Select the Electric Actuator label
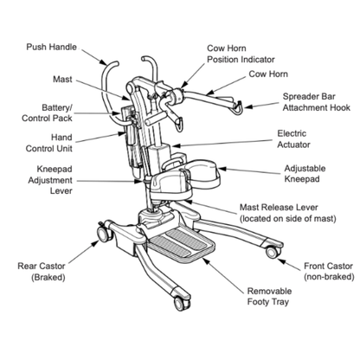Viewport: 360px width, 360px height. [x=299, y=140]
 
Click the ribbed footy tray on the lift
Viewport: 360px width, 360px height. [x=182, y=242]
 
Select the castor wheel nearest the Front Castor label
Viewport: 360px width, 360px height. [x=271, y=252]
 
